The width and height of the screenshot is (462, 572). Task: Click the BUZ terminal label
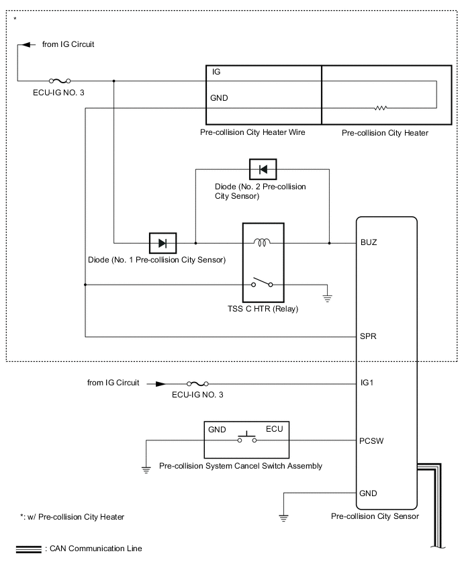[369, 242]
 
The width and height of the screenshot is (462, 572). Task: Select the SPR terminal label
[369, 336]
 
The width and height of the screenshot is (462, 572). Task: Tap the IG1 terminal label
[367, 384]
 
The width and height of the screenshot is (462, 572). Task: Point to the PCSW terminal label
[371, 441]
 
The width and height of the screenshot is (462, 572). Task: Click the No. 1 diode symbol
[162, 242]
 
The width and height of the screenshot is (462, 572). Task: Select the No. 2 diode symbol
[263, 169]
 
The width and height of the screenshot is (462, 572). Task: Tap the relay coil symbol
[263, 242]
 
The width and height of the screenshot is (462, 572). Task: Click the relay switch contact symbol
[263, 284]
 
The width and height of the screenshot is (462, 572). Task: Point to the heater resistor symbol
[381, 107]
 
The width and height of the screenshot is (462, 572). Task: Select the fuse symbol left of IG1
[197, 384]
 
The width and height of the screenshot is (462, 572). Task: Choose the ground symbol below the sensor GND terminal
[283, 517]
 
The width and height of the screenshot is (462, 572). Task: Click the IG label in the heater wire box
[216, 72]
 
